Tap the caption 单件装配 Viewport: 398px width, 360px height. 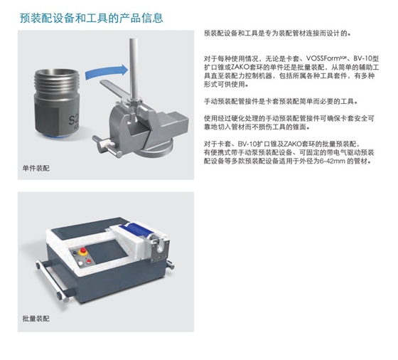(36, 168)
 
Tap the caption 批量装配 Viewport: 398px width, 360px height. (36, 318)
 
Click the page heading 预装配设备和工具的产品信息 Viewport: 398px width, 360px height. (92, 18)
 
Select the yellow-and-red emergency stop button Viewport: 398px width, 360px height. (82, 252)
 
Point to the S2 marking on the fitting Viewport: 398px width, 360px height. (74, 120)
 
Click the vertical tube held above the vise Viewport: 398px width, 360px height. (134, 68)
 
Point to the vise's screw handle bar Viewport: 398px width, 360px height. (107, 147)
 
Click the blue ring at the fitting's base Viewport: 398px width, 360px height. (56, 137)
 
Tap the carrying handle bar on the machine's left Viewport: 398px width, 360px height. (52, 281)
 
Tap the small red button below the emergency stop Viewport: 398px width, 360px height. (89, 261)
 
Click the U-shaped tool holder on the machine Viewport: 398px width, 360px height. (160, 248)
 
